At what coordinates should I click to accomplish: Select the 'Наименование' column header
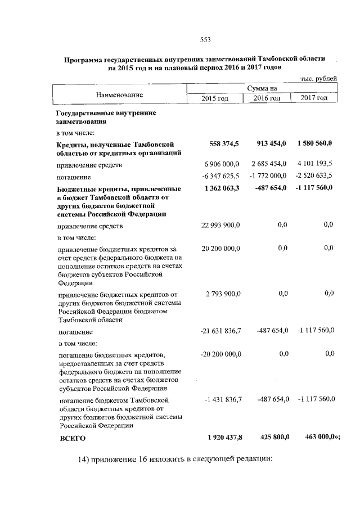[x=119, y=94]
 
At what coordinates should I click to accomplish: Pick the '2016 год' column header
[x=266, y=98]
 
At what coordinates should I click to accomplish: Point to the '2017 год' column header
[x=314, y=98]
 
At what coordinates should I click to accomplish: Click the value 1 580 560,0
[x=315, y=144]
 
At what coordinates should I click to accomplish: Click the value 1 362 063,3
[x=220, y=187]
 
